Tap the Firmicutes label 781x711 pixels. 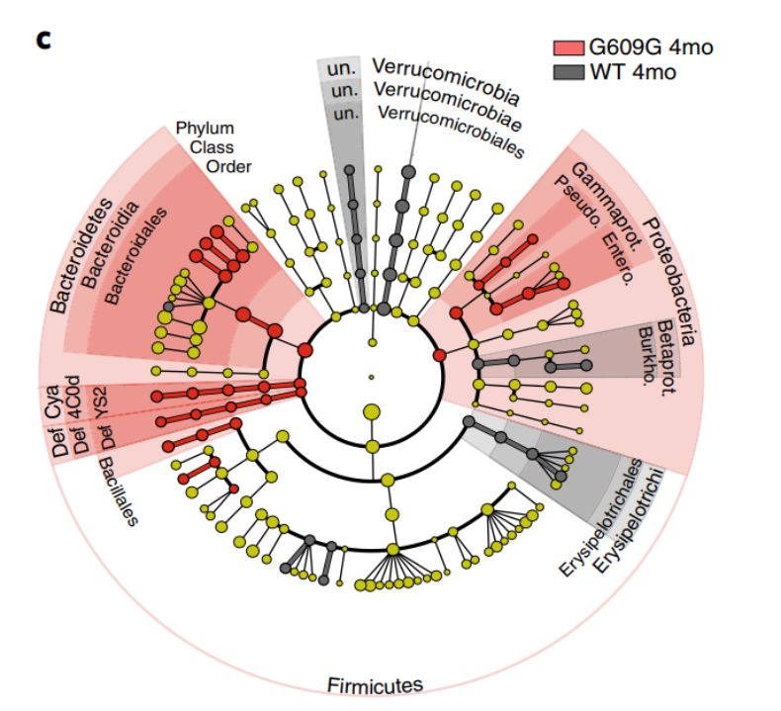click(375, 684)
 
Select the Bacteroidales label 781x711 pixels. click(130, 253)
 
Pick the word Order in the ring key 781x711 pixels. click(228, 165)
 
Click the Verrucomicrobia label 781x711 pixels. click(445, 81)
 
